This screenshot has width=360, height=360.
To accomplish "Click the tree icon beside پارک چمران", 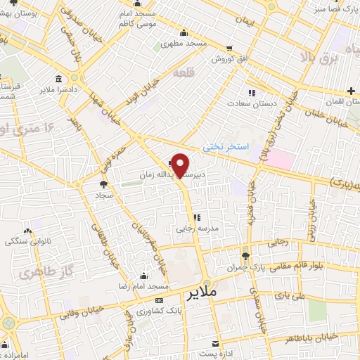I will coord(245,256).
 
